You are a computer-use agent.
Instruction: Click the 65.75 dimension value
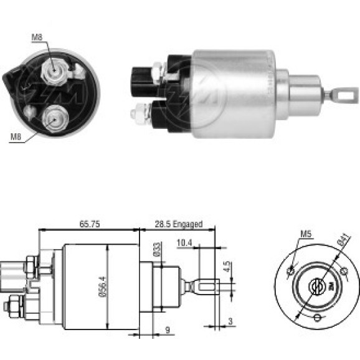point(90,224)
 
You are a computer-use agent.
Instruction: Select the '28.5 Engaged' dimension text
point(179,224)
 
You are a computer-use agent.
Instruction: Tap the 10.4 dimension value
point(184,243)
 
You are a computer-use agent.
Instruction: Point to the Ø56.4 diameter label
point(103,287)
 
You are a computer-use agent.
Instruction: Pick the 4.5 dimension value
point(227,267)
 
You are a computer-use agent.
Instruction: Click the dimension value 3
point(230,321)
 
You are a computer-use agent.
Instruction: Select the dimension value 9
point(168,330)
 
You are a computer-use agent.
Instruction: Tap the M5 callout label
point(306,234)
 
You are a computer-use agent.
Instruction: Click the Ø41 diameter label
point(344,240)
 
